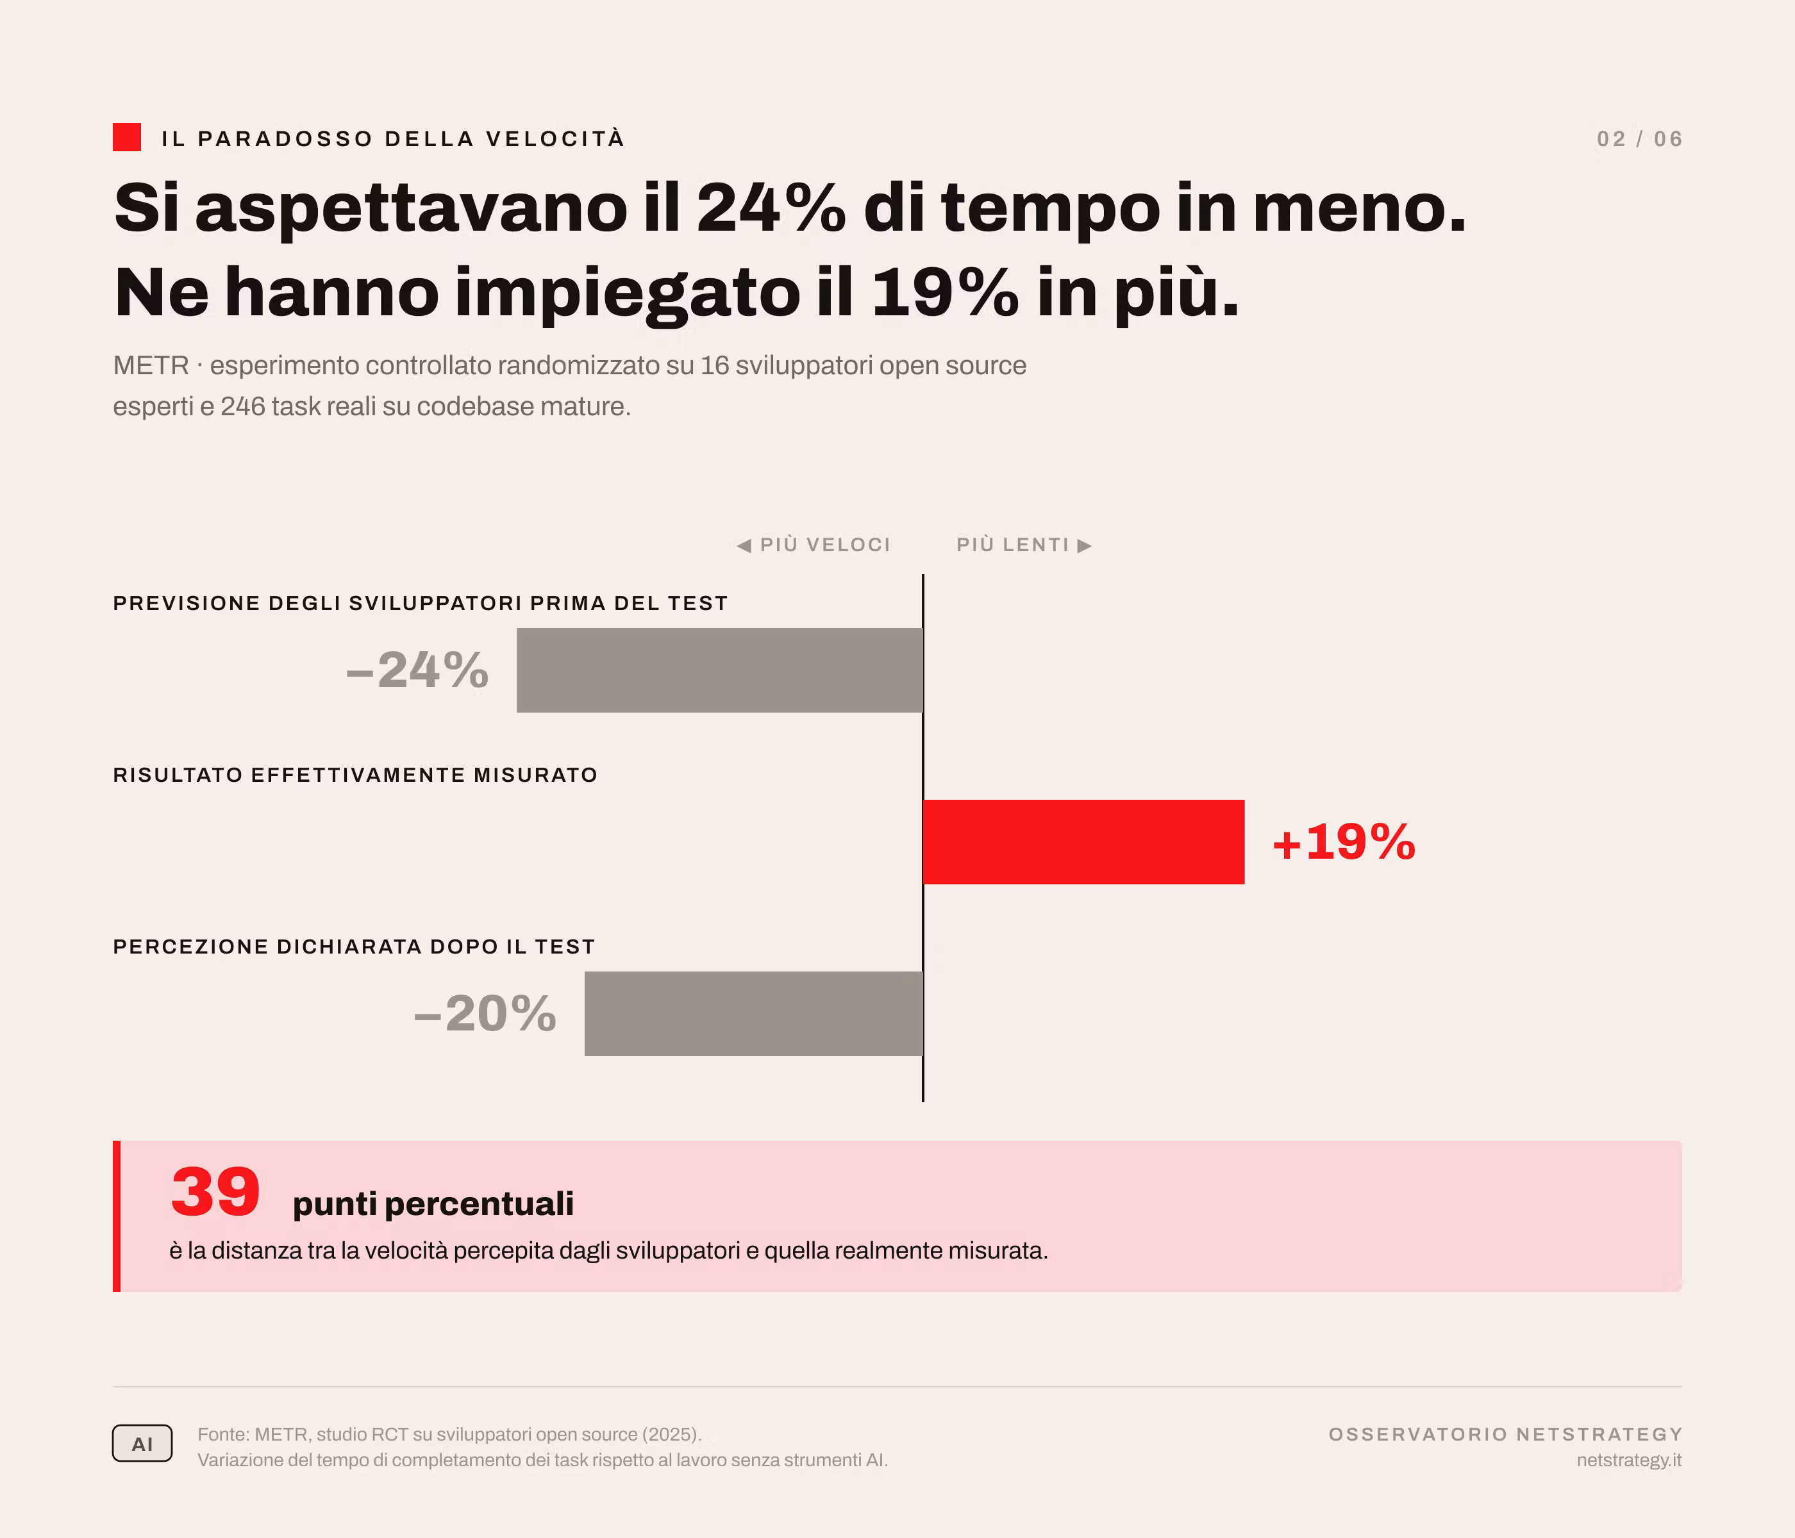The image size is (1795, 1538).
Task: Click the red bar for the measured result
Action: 1084,842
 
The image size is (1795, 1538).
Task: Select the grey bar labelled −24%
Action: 720,670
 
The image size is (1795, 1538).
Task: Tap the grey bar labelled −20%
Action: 754,1013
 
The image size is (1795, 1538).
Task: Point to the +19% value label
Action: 1344,842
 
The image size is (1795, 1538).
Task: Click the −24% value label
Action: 417,670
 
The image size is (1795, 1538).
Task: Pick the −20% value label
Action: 485,1013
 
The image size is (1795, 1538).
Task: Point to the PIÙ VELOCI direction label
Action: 814,545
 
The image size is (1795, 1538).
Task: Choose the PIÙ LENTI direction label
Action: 1024,545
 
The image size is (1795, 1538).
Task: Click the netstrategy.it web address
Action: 1629,1460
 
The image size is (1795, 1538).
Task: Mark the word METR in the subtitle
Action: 151,365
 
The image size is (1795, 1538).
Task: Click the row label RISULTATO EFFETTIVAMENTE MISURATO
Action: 355,774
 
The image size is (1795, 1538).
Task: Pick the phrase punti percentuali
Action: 433,1203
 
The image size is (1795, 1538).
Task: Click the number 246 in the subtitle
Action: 242,406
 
